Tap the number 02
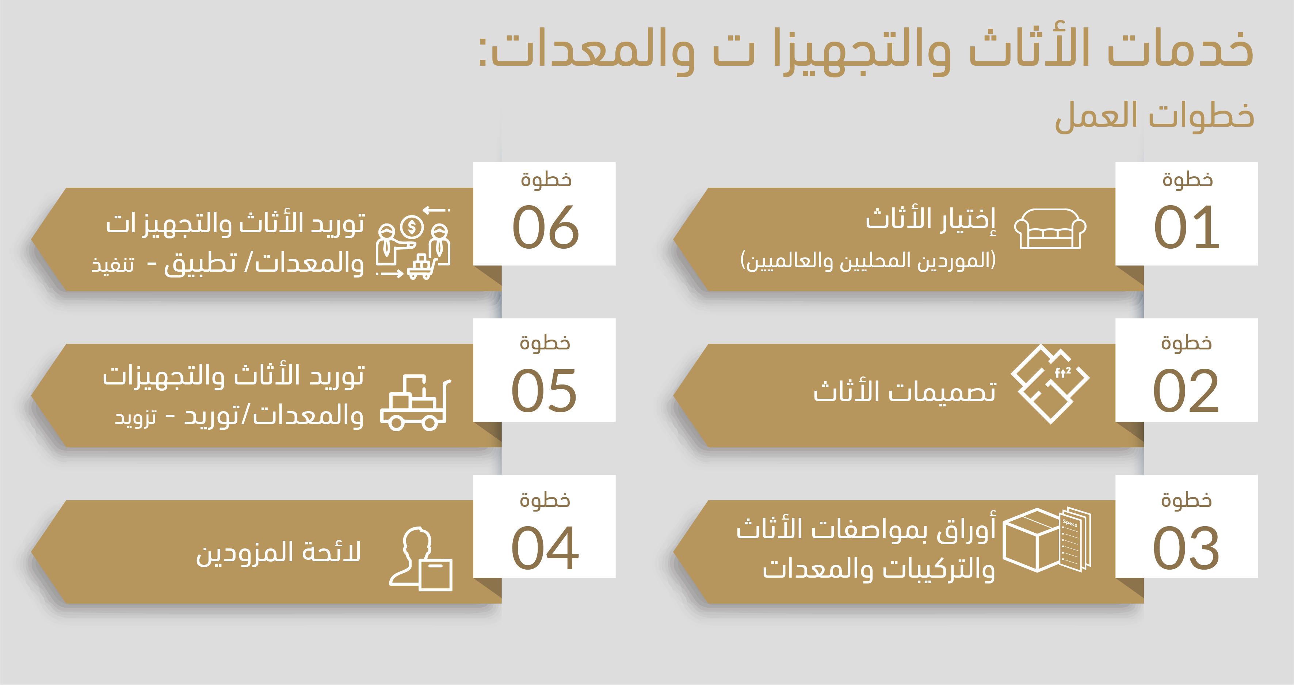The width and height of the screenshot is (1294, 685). (x=1186, y=390)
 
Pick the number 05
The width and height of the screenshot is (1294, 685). (x=544, y=390)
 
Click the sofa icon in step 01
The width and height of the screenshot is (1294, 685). (x=1050, y=229)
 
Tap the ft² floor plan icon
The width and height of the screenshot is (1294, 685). (x=1050, y=384)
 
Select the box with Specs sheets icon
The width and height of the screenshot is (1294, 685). (x=1047, y=540)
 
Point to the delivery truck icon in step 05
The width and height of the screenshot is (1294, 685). (x=415, y=403)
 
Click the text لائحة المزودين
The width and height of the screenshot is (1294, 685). (x=278, y=552)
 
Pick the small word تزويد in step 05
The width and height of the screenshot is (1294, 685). (x=135, y=418)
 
